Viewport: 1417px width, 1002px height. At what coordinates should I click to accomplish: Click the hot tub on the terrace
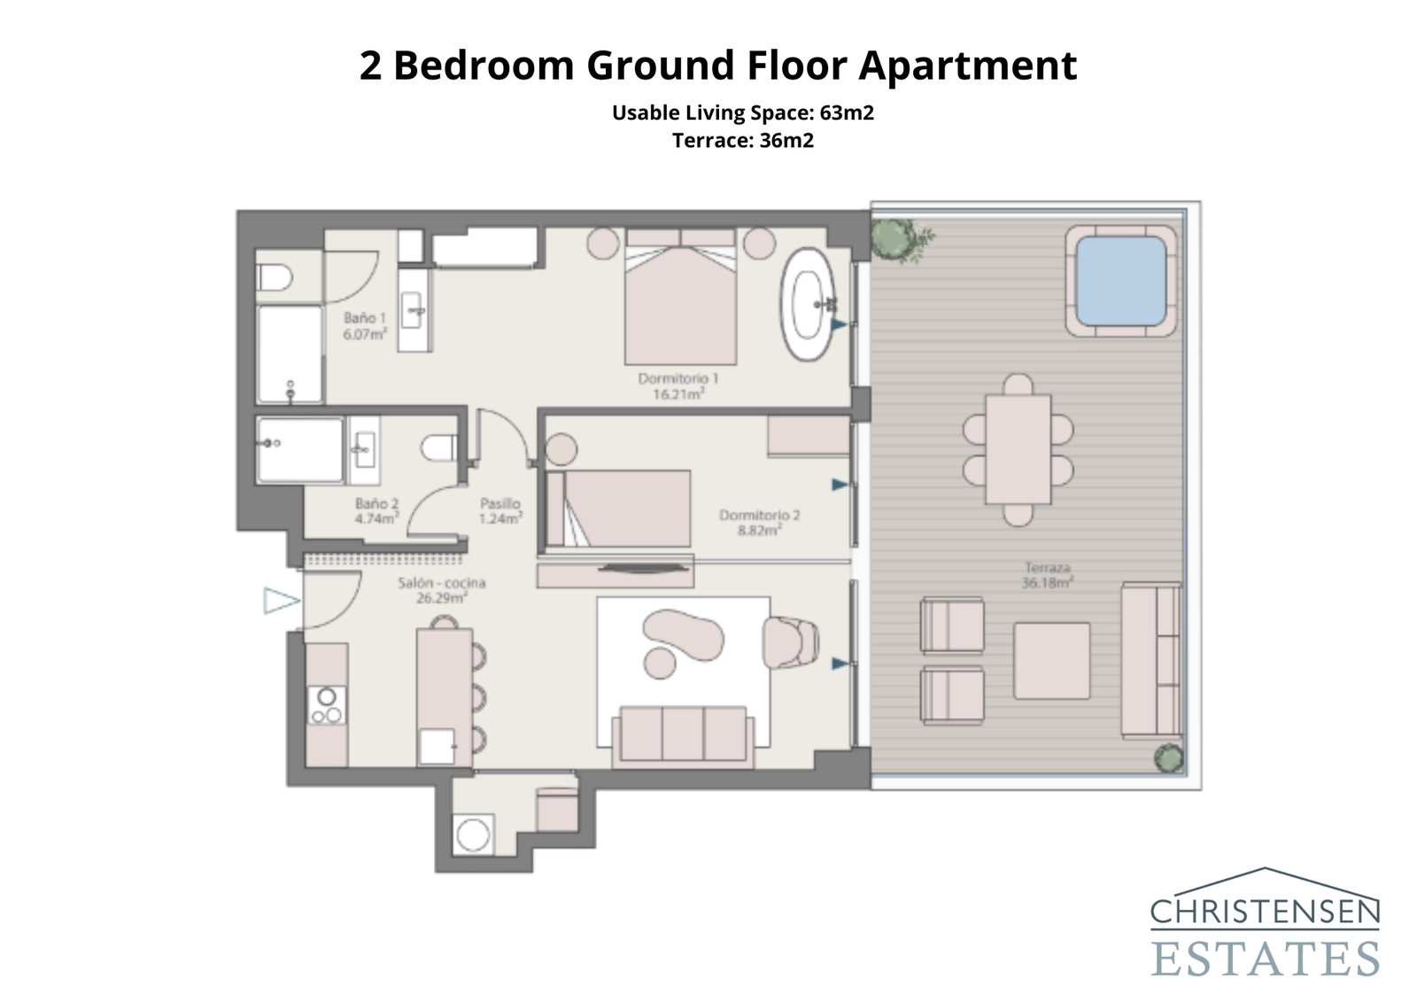pos(1122,281)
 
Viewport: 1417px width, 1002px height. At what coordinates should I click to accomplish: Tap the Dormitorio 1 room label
pos(678,378)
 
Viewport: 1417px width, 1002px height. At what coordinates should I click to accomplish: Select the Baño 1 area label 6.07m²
pos(365,335)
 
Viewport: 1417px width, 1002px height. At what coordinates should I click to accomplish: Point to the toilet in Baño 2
pos(439,447)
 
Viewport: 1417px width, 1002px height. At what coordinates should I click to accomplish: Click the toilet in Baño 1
pos(274,278)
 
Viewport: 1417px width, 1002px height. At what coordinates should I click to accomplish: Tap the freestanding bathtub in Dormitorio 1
pos(807,304)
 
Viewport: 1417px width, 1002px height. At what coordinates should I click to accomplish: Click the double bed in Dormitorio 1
pos(680,297)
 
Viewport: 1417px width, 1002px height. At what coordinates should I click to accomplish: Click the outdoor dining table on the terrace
pos(1018,449)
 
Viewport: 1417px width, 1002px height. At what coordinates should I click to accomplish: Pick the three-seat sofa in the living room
pos(683,734)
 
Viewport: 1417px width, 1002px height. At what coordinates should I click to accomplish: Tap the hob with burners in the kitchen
pos(327,706)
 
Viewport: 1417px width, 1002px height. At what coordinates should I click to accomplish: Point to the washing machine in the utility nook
pos(472,835)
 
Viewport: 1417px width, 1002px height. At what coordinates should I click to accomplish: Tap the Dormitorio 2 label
pos(759,515)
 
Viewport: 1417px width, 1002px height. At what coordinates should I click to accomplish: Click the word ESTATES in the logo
pos(1265,959)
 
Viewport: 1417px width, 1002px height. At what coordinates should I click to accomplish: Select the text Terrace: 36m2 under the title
pos(742,140)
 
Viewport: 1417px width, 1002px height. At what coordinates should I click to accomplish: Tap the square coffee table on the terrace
pos(1051,661)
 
